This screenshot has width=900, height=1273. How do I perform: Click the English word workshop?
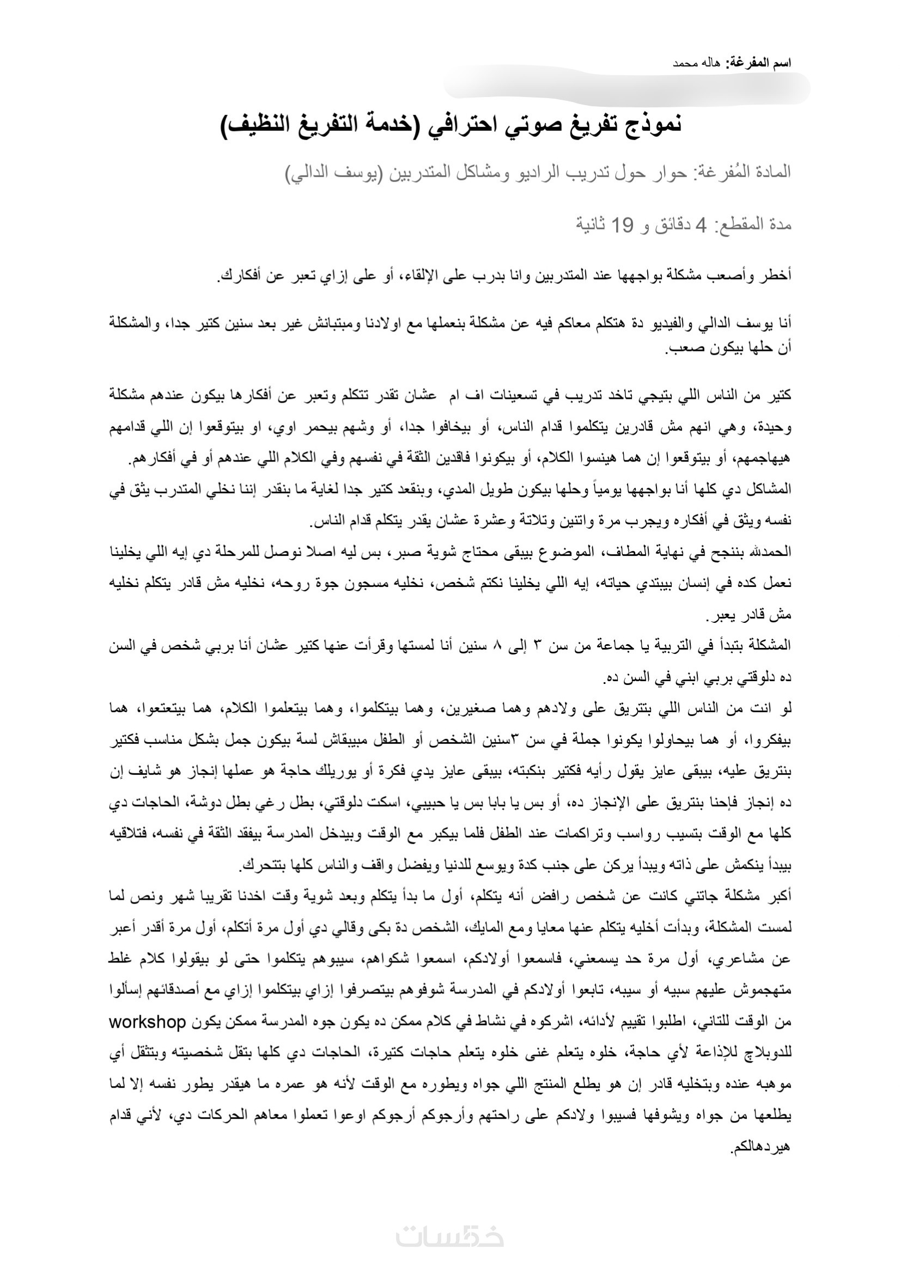pos(147,1022)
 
